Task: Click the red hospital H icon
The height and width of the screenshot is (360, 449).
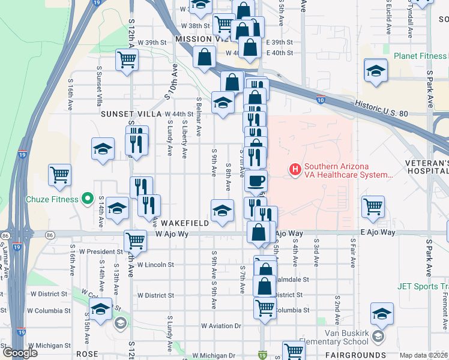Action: (295, 170)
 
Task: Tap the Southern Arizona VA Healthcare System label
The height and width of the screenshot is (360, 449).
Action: (348, 171)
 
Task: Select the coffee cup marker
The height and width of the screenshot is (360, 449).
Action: (256, 181)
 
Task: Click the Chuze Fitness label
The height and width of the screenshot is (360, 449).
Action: (52, 199)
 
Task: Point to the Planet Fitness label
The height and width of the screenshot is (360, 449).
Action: (420, 56)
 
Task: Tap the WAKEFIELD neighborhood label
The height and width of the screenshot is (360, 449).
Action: (185, 223)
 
